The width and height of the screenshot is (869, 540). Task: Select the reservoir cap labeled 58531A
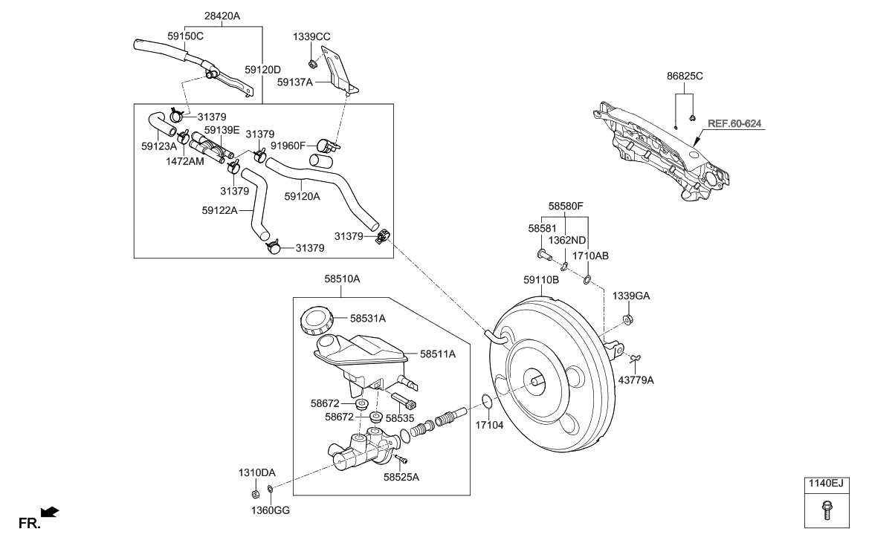315,320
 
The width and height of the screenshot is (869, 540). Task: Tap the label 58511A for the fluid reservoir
437,354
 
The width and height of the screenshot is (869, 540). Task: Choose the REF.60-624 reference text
734,123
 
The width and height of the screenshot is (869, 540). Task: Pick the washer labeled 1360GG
271,489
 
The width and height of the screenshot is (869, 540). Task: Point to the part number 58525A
401,477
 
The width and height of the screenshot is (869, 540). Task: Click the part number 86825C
685,76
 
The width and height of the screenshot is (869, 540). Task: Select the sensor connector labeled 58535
407,404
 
